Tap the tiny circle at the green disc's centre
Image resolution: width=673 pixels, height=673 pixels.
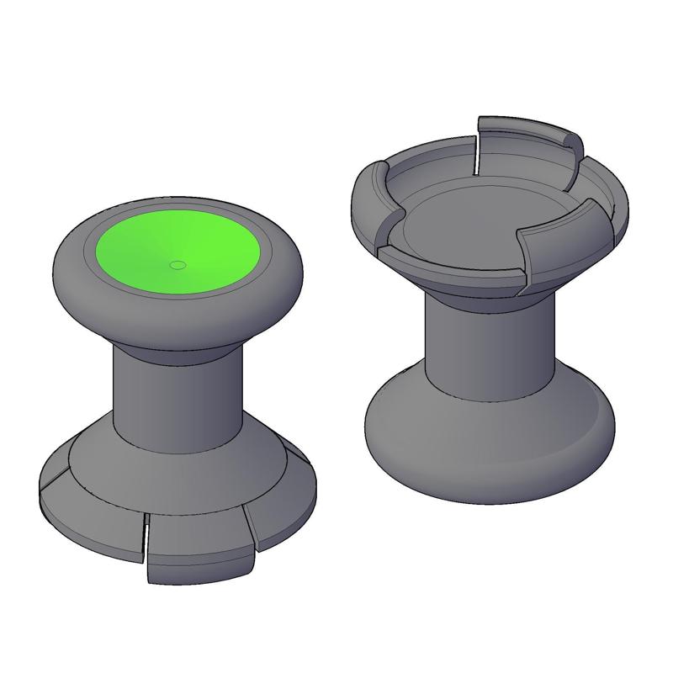coord(177,265)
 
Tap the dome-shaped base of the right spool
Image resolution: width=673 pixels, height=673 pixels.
coord(488,454)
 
